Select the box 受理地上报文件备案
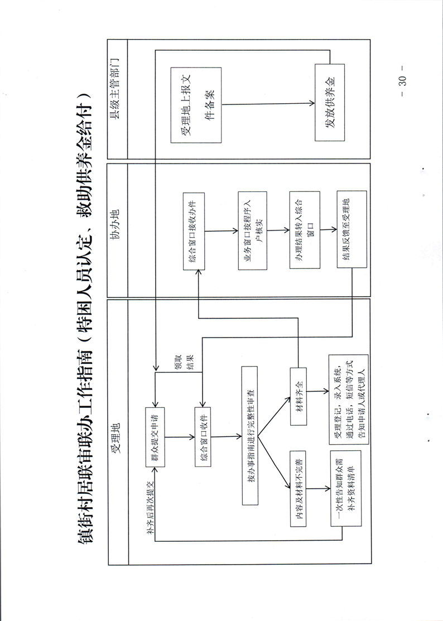coord(196,105)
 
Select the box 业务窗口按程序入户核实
coord(252,231)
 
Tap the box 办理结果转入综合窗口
coord(304,231)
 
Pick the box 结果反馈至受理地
coord(351,231)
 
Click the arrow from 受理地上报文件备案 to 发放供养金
coord(268,103)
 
